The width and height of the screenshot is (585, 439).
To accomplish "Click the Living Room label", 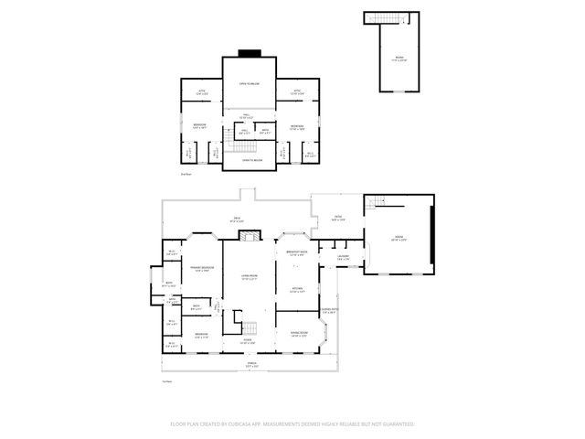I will click(x=248, y=278).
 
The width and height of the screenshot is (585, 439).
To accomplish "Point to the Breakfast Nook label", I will click(x=296, y=252).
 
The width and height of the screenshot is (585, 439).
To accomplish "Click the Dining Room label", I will click(x=298, y=334).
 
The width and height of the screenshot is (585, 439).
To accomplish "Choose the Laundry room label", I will click(x=343, y=258).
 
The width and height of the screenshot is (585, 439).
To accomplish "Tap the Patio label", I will click(x=336, y=218).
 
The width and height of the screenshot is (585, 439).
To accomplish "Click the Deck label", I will click(x=236, y=219).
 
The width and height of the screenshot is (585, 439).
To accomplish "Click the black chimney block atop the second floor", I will click(x=248, y=52).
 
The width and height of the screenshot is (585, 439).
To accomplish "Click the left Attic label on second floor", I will click(x=202, y=91).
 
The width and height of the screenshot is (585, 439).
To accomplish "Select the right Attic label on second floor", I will click(x=297, y=91).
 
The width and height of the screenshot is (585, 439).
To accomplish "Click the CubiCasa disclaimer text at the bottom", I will click(x=292, y=423).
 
